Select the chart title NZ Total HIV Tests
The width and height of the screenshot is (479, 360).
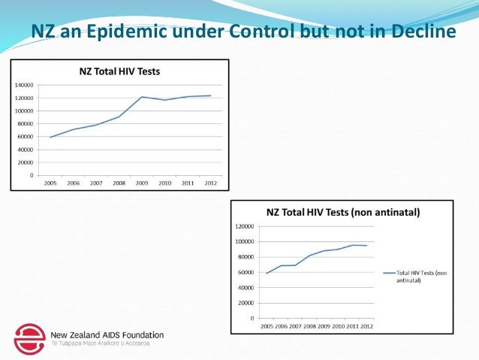pos(119,71)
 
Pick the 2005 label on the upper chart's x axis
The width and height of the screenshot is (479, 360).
pos(50,183)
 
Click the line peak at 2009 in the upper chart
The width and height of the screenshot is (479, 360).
pos(142,97)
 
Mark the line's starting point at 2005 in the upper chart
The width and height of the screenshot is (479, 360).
pos(50,138)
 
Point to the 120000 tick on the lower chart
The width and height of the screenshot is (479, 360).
pos(243,226)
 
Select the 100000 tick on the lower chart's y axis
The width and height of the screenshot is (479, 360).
pos(243,241)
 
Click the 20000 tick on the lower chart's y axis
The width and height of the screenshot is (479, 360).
pos(244,303)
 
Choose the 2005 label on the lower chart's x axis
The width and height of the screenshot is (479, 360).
pos(267,325)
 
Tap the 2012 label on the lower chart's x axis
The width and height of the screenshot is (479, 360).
pos(366,325)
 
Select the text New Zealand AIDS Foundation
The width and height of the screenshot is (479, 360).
pos(107,334)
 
